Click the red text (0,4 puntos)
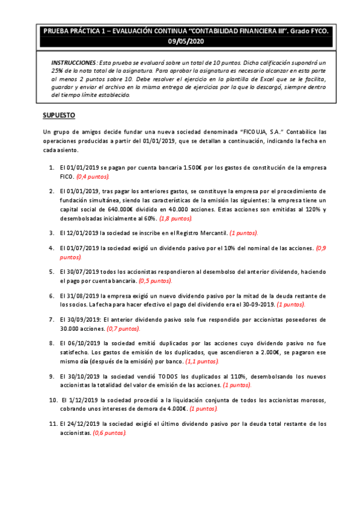(93, 177)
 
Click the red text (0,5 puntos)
(155, 281)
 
